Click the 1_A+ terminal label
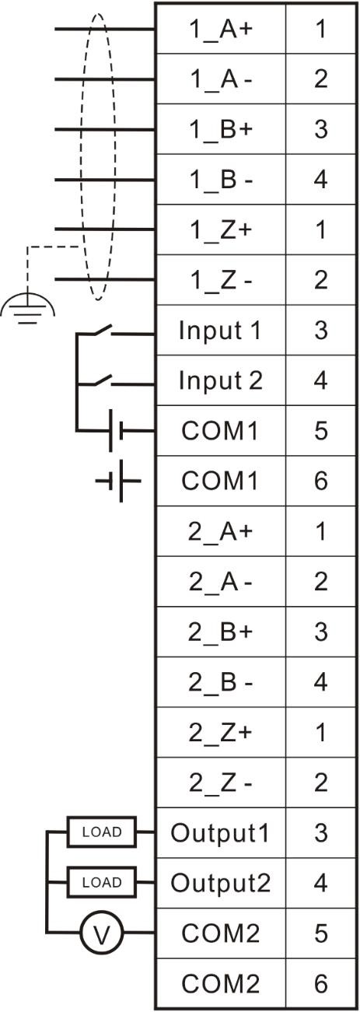(221, 30)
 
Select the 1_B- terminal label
(221, 180)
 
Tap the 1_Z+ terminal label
(221, 230)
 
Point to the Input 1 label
(220, 331)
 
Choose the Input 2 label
(220, 380)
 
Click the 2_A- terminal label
(220, 581)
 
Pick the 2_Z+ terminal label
(220, 732)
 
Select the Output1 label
(220, 832)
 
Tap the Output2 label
(220, 882)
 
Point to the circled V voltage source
(102, 932)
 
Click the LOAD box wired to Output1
(102, 832)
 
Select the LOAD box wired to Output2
(102, 882)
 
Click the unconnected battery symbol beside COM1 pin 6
(118, 481)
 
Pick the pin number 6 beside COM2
(320, 983)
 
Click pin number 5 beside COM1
(320, 431)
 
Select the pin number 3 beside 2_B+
(320, 632)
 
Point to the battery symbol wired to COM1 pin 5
(115, 431)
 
